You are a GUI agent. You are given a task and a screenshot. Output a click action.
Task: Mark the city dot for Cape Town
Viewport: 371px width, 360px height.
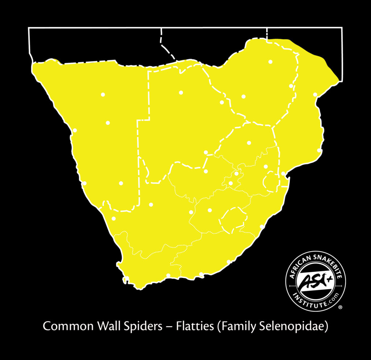[x=127, y=278]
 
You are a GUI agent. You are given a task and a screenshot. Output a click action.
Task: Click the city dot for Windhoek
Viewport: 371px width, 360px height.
[x=108, y=123]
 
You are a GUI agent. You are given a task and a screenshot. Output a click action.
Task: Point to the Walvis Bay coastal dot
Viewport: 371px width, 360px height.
[x=75, y=130]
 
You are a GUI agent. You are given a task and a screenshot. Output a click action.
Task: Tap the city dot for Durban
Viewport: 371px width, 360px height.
[x=262, y=227]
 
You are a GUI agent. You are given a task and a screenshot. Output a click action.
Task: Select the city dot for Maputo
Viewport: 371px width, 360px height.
[x=283, y=174]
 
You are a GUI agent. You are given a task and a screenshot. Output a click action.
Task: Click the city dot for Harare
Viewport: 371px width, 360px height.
[x=270, y=62]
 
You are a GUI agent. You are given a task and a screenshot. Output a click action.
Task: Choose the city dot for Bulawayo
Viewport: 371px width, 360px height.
[x=243, y=96]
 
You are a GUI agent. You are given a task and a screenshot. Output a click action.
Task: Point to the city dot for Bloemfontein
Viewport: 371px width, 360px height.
[x=209, y=210]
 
